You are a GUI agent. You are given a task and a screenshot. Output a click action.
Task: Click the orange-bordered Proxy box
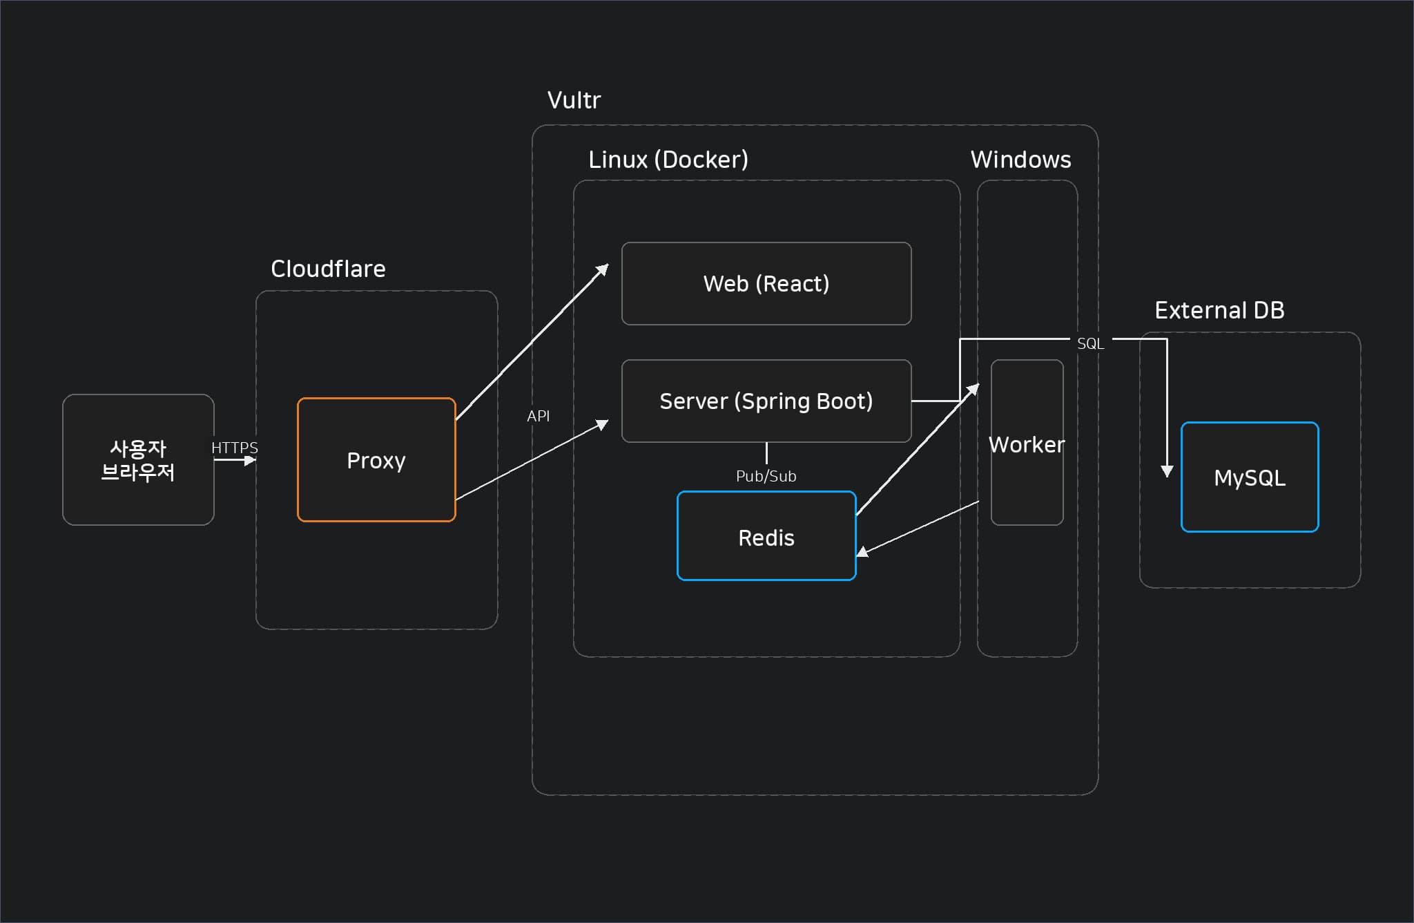pyautogui.click(x=376, y=459)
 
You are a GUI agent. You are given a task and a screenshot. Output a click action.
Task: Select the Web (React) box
pyautogui.click(x=766, y=283)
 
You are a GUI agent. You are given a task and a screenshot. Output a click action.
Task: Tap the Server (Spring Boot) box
pyautogui.click(x=766, y=401)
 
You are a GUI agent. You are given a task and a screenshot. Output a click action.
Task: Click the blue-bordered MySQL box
pyautogui.click(x=1250, y=477)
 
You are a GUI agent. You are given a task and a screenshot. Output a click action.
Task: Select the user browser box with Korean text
pyautogui.click(x=138, y=459)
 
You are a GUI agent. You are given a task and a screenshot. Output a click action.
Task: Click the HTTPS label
pyautogui.click(x=235, y=448)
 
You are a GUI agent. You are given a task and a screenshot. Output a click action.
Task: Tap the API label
pyautogui.click(x=539, y=416)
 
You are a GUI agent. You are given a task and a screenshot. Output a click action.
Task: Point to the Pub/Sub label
pyautogui.click(x=766, y=476)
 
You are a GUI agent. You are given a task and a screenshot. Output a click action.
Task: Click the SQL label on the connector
pyautogui.click(x=1090, y=343)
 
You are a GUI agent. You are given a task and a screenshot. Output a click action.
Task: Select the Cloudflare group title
pyautogui.click(x=328, y=269)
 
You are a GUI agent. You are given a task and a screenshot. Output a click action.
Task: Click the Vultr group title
pyautogui.click(x=574, y=100)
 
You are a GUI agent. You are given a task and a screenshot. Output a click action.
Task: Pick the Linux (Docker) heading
pyautogui.click(x=668, y=160)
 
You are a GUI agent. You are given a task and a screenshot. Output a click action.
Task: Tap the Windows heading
pyautogui.click(x=1020, y=160)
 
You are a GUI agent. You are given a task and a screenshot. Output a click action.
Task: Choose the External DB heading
pyautogui.click(x=1219, y=310)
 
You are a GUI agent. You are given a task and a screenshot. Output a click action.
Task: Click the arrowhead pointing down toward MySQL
pyautogui.click(x=1167, y=471)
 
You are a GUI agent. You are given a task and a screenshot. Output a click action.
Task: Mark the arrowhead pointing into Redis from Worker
pyautogui.click(x=862, y=551)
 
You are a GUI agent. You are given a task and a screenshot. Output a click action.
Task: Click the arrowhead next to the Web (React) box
pyautogui.click(x=603, y=269)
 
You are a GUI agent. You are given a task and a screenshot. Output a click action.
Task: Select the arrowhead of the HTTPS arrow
pyautogui.click(x=251, y=460)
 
